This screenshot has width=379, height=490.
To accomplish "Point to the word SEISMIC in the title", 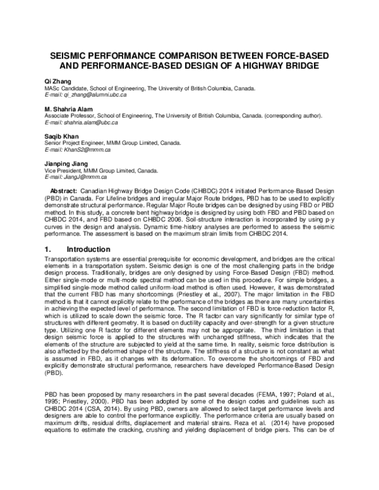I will (x=72, y=56).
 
